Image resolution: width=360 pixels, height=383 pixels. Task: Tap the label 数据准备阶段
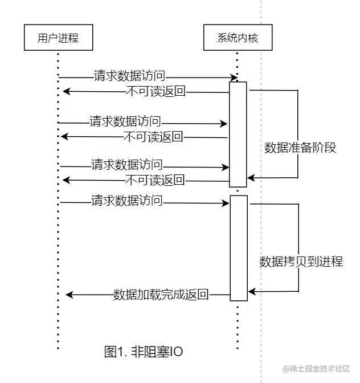pyautogui.click(x=300, y=148)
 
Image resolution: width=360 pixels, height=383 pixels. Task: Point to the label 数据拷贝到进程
pyautogui.click(x=301, y=262)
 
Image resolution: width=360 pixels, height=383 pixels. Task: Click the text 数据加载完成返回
pyautogui.click(x=161, y=295)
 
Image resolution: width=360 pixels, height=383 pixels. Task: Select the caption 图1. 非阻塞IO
pyautogui.click(x=144, y=352)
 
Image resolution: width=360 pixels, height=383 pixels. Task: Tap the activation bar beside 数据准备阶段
pyautogui.click(x=238, y=134)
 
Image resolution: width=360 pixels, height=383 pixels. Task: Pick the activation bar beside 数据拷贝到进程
pyautogui.click(x=238, y=248)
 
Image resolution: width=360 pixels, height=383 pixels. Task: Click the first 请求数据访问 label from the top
pyautogui.click(x=130, y=75)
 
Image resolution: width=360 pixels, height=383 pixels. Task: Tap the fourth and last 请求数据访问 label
pyautogui.click(x=127, y=200)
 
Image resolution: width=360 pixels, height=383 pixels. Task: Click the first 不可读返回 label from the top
pyautogui.click(x=154, y=91)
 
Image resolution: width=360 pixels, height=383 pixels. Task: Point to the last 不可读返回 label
pyautogui.click(x=154, y=180)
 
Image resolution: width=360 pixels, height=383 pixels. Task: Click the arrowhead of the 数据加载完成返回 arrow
pyautogui.click(x=69, y=295)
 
